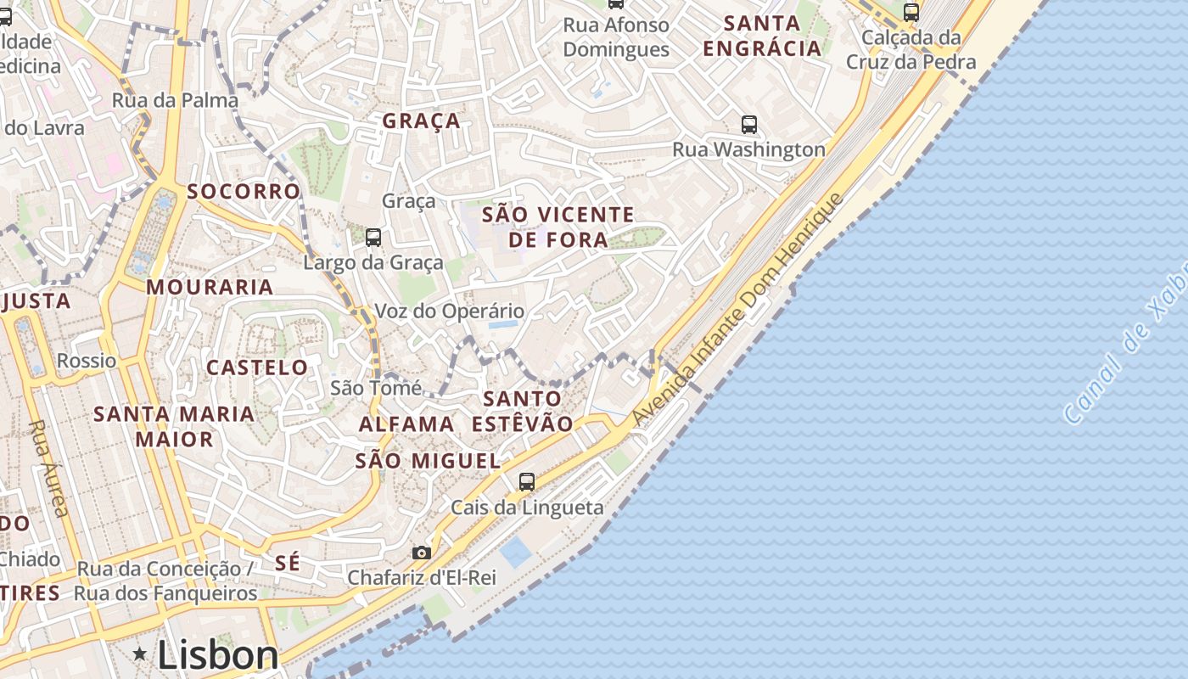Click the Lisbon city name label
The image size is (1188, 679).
click(x=218, y=655)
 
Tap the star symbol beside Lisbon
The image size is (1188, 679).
click(x=140, y=653)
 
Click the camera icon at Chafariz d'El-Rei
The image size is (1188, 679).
click(x=422, y=553)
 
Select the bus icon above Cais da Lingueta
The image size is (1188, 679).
click(x=527, y=482)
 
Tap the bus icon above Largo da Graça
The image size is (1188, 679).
click(x=373, y=238)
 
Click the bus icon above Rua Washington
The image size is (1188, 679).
click(x=749, y=125)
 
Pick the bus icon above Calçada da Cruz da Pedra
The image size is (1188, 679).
click(x=911, y=13)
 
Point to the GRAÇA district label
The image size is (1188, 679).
click(x=422, y=121)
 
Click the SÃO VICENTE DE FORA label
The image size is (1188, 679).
click(x=558, y=227)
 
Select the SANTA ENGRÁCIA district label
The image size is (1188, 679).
click(x=763, y=36)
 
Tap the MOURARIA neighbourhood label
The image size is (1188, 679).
click(x=210, y=287)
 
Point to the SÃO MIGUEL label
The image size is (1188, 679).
click(x=428, y=461)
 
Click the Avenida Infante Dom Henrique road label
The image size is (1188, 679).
click(x=738, y=310)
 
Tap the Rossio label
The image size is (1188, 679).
click(x=87, y=361)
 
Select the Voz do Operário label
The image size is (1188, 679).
click(x=450, y=311)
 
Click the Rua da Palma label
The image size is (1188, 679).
click(x=176, y=100)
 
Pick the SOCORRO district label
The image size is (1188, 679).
click(x=244, y=191)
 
